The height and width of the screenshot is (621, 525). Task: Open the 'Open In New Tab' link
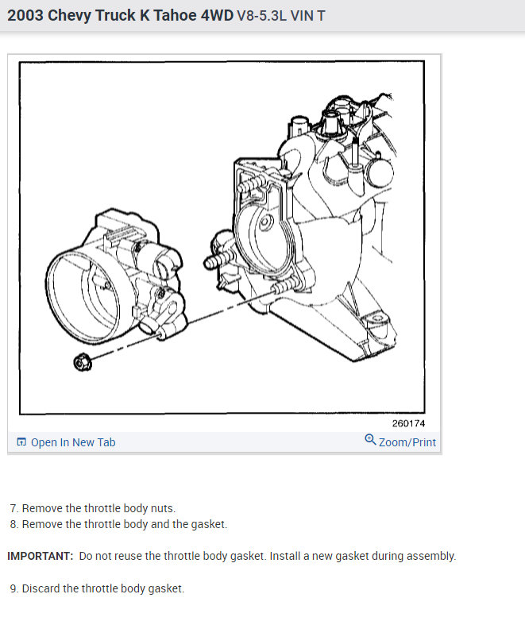coord(73,442)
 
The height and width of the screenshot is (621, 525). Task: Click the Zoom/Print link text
coord(407,442)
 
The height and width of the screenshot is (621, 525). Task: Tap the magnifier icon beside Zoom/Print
coord(370,440)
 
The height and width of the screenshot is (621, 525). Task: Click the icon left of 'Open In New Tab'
coord(21,442)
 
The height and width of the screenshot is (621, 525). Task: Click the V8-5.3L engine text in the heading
coord(267,16)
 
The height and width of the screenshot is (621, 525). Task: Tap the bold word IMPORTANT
coord(40,556)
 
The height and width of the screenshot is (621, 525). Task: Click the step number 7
coord(14,508)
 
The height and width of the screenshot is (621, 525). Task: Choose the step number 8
coord(14,524)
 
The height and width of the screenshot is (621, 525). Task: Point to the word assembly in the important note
coord(429,556)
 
